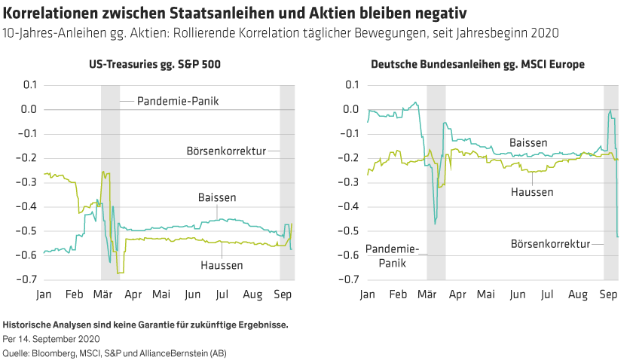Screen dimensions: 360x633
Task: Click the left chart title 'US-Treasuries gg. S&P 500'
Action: (155, 66)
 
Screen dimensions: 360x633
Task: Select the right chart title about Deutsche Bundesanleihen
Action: (478, 66)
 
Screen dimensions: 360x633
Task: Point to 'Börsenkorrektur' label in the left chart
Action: (226, 151)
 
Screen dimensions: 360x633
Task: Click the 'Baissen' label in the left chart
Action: (218, 198)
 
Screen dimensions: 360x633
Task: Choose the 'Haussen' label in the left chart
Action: (222, 265)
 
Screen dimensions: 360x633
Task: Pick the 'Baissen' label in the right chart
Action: (527, 142)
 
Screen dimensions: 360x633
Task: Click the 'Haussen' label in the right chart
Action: (532, 192)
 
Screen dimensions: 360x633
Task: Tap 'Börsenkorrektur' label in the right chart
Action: (551, 244)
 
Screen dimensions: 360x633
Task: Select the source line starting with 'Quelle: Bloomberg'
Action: (115, 352)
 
